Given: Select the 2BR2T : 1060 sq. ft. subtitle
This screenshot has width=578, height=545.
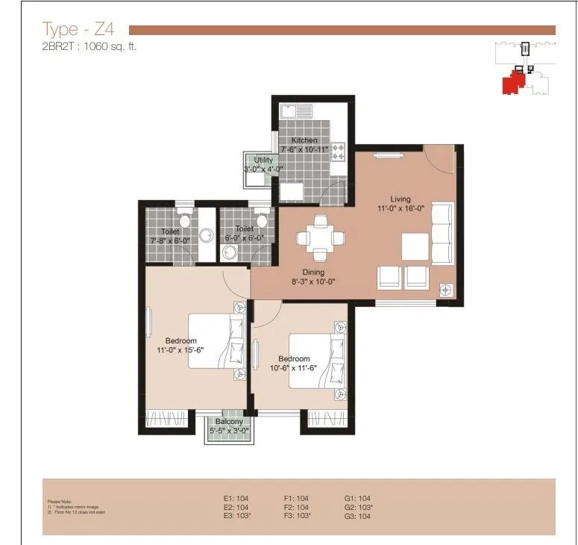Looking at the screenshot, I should pyautogui.click(x=90, y=46).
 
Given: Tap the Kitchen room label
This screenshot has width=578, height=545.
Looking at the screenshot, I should pyautogui.click(x=304, y=140).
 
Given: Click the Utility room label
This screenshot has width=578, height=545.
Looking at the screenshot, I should pyautogui.click(x=264, y=160).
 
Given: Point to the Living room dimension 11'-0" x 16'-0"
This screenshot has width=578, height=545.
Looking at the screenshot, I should pyautogui.click(x=400, y=208).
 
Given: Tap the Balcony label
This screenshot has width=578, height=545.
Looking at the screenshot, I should pyautogui.click(x=229, y=421).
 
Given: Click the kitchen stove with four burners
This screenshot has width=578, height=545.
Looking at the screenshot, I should pyautogui.click(x=337, y=152).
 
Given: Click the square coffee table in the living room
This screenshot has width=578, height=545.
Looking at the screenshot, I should pyautogui.click(x=415, y=246).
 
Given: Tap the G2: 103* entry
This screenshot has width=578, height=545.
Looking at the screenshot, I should pyautogui.click(x=358, y=507).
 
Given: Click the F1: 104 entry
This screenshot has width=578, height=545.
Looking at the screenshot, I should pyautogui.click(x=297, y=498).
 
